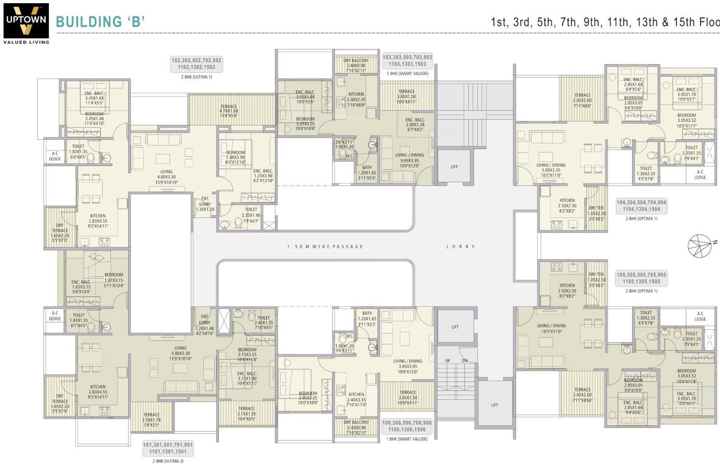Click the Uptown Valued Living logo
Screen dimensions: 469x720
[x=26, y=23]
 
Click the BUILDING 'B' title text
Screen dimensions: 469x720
[x=100, y=22]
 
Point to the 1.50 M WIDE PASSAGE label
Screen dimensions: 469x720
[x=325, y=247]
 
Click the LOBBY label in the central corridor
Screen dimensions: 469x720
[x=460, y=247]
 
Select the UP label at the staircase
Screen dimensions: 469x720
[x=447, y=360]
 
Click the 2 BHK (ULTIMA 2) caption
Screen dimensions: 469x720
[x=168, y=460]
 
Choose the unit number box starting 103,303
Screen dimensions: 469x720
[x=407, y=60]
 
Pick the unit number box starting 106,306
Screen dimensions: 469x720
[x=407, y=426]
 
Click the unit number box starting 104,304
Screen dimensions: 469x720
[x=641, y=205]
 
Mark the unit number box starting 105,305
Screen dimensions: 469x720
[x=641, y=278]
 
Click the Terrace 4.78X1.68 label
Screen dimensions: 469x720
[x=229, y=110]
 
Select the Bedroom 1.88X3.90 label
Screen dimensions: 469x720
[x=236, y=157]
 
